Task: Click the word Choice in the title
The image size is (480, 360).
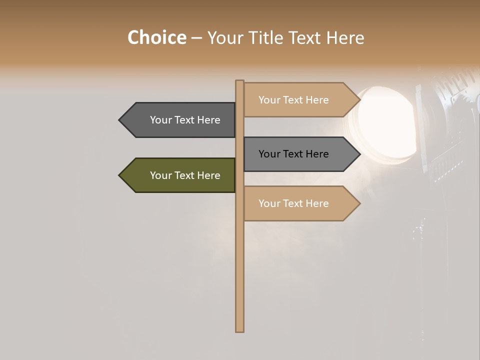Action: [156, 37]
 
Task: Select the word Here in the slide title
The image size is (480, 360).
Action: [345, 37]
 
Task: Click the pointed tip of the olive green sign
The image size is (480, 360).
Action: [120, 175]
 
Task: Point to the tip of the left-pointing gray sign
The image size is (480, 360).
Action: [120, 120]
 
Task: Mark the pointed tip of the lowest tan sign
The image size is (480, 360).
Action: [359, 203]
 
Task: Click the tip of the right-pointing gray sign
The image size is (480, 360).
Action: [359, 154]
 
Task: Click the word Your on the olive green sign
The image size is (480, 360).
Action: [161, 175]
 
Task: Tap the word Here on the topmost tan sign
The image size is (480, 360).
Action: [317, 100]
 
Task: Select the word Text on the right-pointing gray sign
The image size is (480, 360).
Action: [293, 154]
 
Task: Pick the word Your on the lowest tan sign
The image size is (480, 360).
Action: [269, 203]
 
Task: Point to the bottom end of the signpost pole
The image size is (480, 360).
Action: [239, 330]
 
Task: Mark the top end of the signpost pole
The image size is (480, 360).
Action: [239, 82]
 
